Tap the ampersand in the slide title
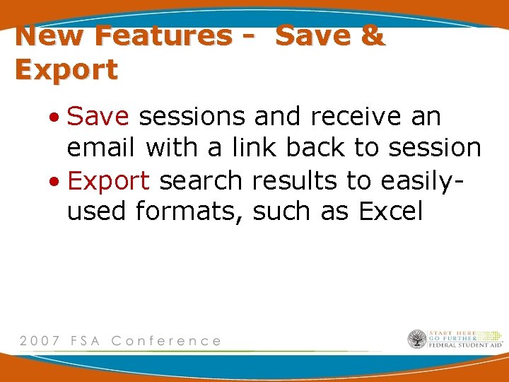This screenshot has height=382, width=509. click(371, 35)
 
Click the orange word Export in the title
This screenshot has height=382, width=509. click(66, 69)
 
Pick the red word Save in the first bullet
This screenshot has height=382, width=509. click(99, 117)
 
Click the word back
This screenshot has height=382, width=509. click(316, 149)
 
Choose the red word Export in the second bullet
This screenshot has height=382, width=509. click(108, 181)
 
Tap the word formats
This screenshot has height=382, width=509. click(187, 212)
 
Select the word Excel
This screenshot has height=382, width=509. click(390, 212)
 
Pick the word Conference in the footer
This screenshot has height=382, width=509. click(167, 341)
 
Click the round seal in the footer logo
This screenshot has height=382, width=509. click(417, 340)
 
